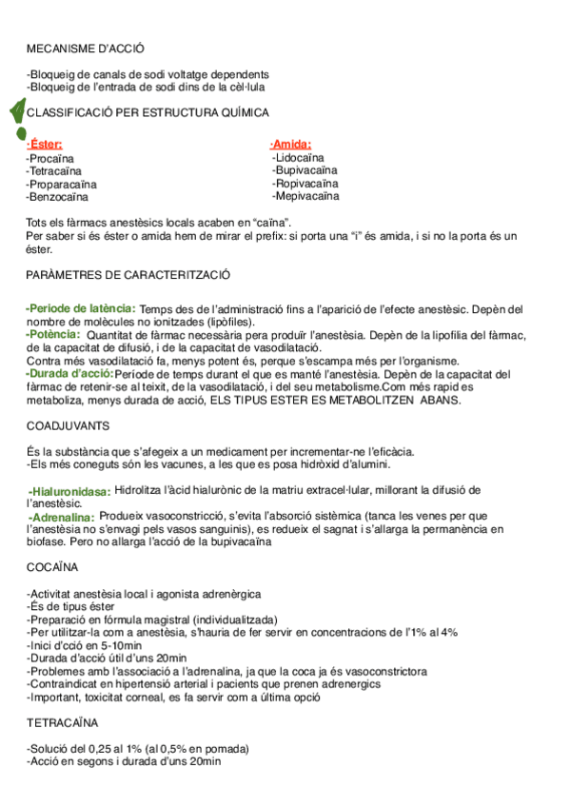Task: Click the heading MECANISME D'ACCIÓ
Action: point(86,48)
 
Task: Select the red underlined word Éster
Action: point(45,144)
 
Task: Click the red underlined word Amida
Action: point(291,144)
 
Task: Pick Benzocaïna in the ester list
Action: point(58,197)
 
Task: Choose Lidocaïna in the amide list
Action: point(298,157)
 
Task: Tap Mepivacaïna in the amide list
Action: point(305,196)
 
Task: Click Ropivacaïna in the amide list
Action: point(305,183)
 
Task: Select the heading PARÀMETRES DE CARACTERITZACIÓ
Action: point(128,274)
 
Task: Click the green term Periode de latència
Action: point(81,308)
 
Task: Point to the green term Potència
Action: point(53,334)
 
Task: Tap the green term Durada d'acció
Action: point(69,373)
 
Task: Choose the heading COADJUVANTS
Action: point(68,425)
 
